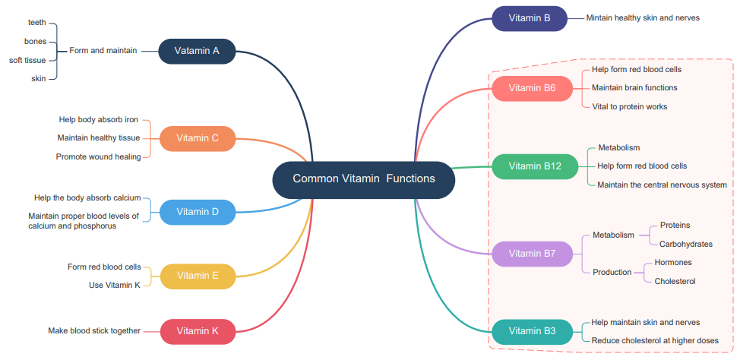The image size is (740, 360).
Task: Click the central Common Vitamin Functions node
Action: click(x=364, y=179)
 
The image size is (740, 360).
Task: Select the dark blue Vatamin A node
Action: click(x=197, y=51)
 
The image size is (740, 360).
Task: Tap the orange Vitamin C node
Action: click(x=198, y=138)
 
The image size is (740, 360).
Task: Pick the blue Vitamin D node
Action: click(x=198, y=212)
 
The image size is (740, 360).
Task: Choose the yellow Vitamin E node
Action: click(x=198, y=276)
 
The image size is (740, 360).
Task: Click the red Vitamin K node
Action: click(x=198, y=331)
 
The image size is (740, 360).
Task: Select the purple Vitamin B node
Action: click(x=530, y=18)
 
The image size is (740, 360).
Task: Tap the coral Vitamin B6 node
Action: click(x=532, y=88)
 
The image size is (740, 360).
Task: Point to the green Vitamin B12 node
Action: click(x=535, y=166)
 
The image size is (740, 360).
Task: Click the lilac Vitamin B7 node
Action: click(x=532, y=254)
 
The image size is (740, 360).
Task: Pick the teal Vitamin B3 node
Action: click(x=532, y=331)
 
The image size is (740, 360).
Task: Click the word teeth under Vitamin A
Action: click(x=37, y=23)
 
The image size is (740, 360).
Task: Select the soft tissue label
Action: click(x=27, y=60)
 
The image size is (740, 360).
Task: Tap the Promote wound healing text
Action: click(x=98, y=157)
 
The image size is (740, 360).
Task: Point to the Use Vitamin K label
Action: click(x=115, y=286)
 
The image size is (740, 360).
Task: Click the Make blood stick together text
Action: click(x=94, y=331)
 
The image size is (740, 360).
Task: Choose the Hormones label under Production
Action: click(x=673, y=263)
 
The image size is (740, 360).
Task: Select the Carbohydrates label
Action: click(x=686, y=245)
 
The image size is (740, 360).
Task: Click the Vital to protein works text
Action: click(x=629, y=107)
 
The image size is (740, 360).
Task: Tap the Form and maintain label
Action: click(x=103, y=51)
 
